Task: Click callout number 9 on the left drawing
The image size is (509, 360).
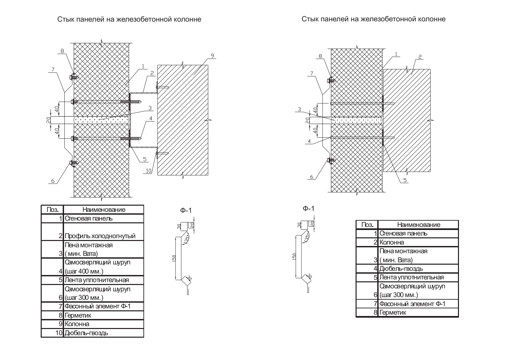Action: point(212,56)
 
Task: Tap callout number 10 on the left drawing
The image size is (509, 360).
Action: point(148,171)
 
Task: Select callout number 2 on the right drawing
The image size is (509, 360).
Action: point(420,57)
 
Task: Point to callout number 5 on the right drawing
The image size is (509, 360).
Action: point(405,180)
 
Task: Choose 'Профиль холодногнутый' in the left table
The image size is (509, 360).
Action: point(100,236)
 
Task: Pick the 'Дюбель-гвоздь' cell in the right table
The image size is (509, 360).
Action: point(401,269)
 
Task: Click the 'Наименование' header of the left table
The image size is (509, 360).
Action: point(104,209)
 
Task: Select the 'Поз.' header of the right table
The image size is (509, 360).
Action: point(368,225)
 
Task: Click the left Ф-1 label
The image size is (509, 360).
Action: point(186,211)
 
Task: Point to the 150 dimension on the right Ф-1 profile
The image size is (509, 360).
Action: point(294,257)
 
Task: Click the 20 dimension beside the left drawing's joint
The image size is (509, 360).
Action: point(48,120)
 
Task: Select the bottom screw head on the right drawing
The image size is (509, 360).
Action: point(329,160)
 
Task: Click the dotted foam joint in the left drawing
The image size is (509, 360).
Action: point(102,120)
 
